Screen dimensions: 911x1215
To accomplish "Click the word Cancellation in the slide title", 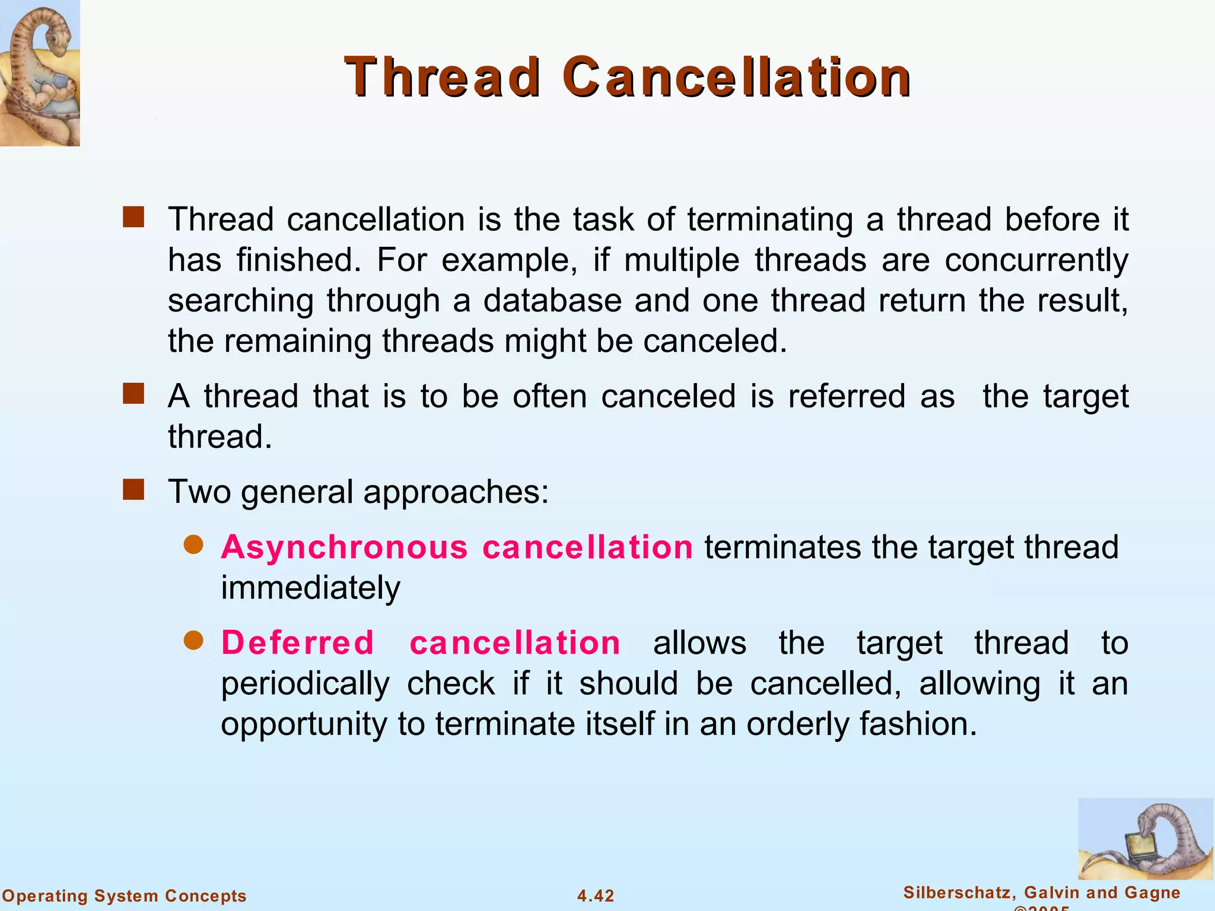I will (x=736, y=77).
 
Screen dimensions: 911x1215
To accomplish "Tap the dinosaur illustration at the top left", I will (x=39, y=72).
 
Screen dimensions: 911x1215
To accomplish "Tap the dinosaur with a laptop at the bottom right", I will (x=1145, y=839).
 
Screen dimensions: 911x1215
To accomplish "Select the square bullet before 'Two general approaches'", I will (x=133, y=490).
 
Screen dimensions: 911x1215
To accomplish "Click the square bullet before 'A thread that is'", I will (x=133, y=394).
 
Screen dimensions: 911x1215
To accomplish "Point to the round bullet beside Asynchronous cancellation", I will (x=193, y=544).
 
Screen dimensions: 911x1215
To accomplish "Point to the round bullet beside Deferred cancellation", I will (x=193, y=641).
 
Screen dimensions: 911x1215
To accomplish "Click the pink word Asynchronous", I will (x=345, y=547).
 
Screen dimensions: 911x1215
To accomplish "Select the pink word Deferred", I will (x=297, y=643).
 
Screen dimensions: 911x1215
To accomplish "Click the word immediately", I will (x=311, y=588).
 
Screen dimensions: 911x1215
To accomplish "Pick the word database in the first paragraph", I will (x=552, y=300).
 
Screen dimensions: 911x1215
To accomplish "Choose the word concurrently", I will (x=1036, y=260).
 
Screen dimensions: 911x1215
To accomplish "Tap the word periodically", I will (x=305, y=684).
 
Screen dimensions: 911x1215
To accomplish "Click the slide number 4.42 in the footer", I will (x=596, y=896).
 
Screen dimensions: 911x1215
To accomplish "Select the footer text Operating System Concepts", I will (x=124, y=896).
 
